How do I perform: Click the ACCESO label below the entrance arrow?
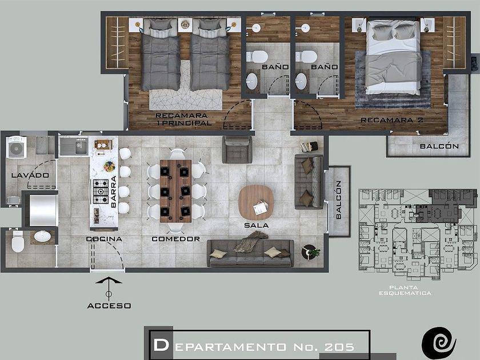pos(109,306)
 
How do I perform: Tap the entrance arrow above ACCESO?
pos(109,289)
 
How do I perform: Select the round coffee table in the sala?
pos(256,202)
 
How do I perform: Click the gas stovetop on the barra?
pos(101,191)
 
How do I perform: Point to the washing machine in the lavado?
pos(16,147)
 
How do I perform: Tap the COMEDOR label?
pos(176,239)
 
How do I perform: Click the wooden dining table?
pos(176,191)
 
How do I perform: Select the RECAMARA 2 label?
pos(392,120)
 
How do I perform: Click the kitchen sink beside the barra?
pos(74,146)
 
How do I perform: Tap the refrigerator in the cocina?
pos(43,211)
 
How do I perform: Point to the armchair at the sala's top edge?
pos(237,150)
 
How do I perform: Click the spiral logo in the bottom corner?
pos(439,343)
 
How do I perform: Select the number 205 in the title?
pos(339,347)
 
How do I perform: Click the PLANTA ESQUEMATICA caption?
pos(405,290)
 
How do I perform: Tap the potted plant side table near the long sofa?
pos(310,252)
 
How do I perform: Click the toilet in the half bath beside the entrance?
pos(18,242)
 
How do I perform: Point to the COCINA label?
pos(104,239)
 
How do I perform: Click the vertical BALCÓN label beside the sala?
pos(338,199)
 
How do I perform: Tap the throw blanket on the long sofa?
pos(251,241)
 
